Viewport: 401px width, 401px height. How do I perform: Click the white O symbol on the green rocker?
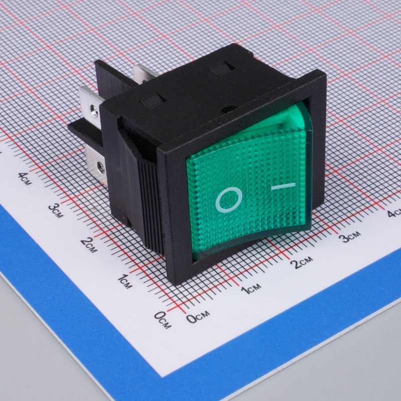[229, 199]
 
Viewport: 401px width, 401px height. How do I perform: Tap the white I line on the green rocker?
[283, 186]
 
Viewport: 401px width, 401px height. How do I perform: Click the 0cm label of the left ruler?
[163, 320]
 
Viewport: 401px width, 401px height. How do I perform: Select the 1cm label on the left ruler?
[125, 281]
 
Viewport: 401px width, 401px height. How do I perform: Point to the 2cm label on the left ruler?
[89, 245]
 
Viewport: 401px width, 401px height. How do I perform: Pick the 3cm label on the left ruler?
[56, 211]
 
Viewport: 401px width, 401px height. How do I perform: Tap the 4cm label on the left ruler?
[25, 178]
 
